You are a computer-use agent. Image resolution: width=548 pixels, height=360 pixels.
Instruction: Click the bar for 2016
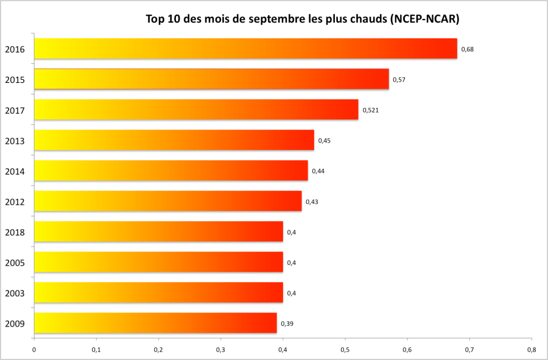click(245, 49)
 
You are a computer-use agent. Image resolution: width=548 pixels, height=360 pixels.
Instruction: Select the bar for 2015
click(211, 79)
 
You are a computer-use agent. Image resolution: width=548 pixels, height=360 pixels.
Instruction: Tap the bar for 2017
click(196, 110)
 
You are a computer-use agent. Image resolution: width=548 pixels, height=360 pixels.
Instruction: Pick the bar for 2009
click(155, 323)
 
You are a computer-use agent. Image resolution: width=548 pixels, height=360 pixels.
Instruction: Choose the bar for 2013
click(174, 140)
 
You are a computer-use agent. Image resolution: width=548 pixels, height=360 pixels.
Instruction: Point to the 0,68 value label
click(467, 49)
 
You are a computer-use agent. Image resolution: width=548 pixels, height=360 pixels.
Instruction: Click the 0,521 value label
click(371, 110)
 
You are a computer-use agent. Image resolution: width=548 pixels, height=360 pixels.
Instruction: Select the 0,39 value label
click(287, 323)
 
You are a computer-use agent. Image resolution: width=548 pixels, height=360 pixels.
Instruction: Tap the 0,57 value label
click(399, 80)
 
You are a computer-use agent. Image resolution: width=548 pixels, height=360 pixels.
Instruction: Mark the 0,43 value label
click(312, 202)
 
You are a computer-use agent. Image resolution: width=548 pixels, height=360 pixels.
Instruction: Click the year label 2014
click(15, 172)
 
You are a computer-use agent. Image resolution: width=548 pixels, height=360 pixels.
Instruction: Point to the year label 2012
click(15, 202)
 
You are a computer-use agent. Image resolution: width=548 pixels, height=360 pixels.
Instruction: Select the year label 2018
click(15, 233)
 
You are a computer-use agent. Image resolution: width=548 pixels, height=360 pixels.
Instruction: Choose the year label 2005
click(15, 263)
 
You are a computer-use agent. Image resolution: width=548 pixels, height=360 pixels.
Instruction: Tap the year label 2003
click(15, 294)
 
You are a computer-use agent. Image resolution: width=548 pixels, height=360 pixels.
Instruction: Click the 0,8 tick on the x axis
click(532, 350)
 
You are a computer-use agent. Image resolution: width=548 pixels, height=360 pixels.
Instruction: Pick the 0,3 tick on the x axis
click(220, 350)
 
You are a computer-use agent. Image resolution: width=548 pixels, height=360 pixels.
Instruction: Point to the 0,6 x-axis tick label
click(407, 350)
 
